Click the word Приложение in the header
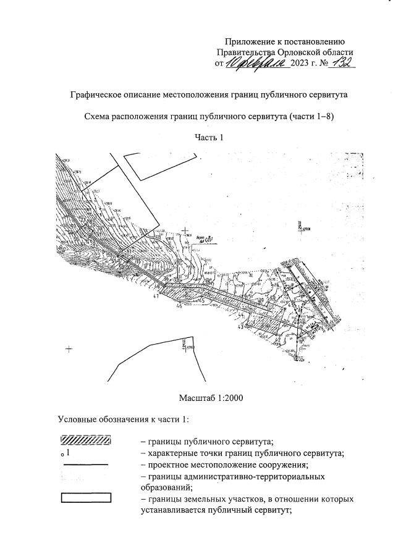[x=250, y=41]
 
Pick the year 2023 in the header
[x=301, y=64]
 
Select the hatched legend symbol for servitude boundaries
[x=86, y=441]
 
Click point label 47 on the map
[x=156, y=297]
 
